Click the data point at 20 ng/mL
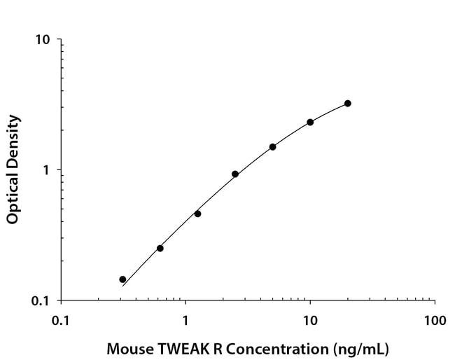(347, 103)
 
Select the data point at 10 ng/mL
(310, 122)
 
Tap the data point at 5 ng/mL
(272, 146)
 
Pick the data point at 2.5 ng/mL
(235, 174)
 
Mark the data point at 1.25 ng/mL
(197, 214)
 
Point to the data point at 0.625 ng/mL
(160, 248)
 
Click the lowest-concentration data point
(122, 279)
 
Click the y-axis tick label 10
(43, 39)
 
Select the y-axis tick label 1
(47, 170)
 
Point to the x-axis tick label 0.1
(61, 321)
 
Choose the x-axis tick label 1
(185, 321)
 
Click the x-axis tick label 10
(309, 321)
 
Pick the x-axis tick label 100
(434, 321)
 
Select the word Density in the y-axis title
(13, 139)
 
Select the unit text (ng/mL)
(360, 348)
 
